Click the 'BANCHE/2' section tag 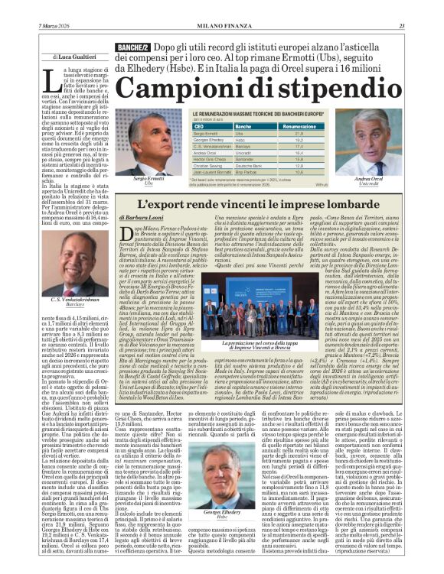[132, 48]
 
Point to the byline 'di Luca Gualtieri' [74, 57]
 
